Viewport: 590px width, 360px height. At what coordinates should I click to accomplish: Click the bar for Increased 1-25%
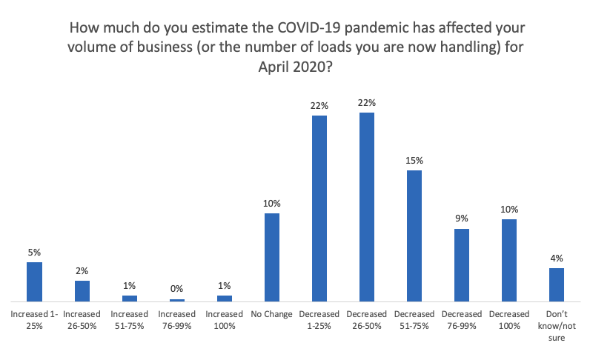34,282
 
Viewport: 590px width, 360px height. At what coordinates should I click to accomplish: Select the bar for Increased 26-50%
82,291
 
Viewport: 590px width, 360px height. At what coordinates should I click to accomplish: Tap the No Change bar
272,258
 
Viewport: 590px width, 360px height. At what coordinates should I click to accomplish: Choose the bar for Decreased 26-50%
367,207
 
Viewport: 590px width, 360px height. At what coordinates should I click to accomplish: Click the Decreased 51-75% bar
414,236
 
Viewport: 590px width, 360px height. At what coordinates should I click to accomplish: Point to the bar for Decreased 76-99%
462,265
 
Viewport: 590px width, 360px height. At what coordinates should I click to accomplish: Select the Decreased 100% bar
509,261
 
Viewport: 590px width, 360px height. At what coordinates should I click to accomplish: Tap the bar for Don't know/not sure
557,285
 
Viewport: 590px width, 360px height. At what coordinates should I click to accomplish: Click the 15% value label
414,160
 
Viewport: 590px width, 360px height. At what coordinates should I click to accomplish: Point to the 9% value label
462,219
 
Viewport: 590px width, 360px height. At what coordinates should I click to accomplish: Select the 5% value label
34,252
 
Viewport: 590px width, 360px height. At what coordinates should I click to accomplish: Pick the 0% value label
176,289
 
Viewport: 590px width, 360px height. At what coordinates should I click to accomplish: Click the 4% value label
557,258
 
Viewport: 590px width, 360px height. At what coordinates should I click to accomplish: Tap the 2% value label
82,270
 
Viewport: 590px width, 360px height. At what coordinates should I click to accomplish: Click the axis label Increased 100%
224,320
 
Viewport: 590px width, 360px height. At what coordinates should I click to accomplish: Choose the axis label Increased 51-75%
129,320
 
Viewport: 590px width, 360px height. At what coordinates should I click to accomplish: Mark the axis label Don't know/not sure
557,326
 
